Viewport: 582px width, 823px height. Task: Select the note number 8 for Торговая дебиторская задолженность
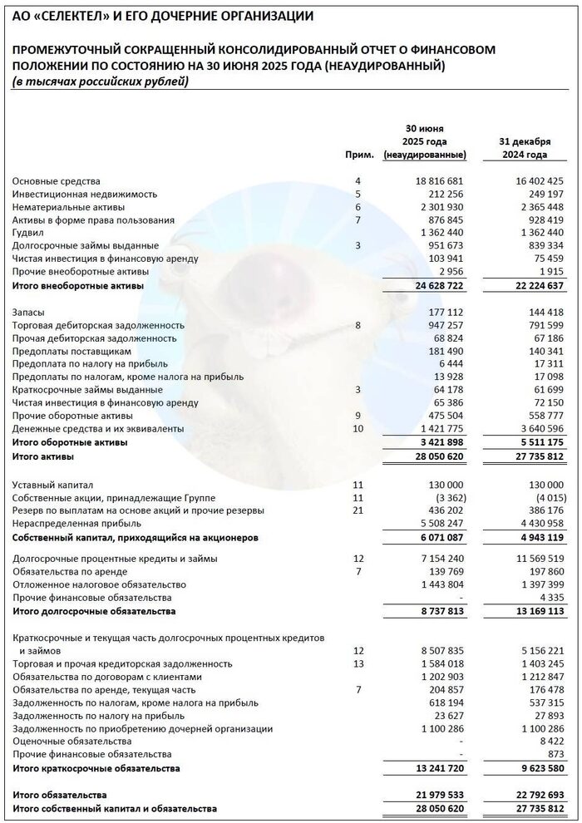coord(358,325)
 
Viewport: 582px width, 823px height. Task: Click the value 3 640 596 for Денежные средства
coord(535,429)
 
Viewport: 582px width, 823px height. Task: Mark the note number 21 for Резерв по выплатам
coord(358,510)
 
